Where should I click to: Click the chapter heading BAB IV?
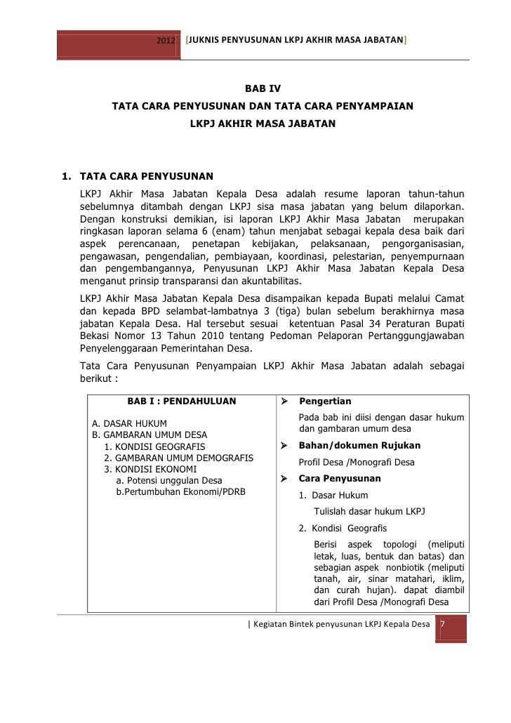coord(263,89)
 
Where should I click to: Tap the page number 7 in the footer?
coord(443,624)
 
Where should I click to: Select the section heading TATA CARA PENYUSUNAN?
coord(147,175)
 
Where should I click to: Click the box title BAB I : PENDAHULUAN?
coord(182,402)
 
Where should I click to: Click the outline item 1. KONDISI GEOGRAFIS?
coord(154,446)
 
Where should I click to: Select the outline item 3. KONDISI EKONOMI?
coord(150,469)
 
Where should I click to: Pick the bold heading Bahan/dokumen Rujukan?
coord(359,445)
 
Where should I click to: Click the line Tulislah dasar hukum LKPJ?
coord(369,511)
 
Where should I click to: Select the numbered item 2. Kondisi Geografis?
coord(342,529)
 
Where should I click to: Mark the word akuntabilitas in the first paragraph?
coord(269,281)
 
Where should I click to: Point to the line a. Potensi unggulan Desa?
coord(168,480)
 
